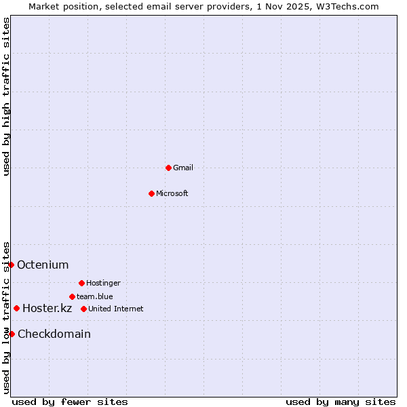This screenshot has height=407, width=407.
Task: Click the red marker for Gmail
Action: tap(168, 168)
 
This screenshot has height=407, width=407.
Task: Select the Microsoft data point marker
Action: tap(151, 193)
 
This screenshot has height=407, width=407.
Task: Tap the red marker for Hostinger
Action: tap(81, 283)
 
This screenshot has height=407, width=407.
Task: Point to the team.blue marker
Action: tap(72, 296)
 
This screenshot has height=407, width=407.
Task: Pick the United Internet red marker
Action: tap(83, 309)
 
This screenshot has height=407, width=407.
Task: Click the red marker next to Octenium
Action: tap(12, 265)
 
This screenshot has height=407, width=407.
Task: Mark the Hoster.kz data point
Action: tap(17, 308)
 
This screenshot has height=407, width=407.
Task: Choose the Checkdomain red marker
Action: tap(12, 334)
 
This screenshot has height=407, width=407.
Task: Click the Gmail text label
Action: tap(183, 168)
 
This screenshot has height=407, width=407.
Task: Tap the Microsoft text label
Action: tap(172, 193)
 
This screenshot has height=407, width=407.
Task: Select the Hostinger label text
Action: tap(103, 283)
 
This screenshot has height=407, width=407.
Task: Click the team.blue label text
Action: tap(95, 296)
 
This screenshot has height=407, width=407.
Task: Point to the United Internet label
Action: tap(116, 309)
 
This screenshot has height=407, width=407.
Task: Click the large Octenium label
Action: tap(43, 265)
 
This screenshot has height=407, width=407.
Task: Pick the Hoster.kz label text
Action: tap(47, 308)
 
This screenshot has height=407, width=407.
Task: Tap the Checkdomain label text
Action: tap(54, 334)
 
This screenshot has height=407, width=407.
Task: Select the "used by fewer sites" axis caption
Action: tap(70, 402)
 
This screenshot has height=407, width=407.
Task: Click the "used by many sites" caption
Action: tap(341, 402)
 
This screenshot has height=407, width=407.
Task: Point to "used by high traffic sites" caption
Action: tap(6, 96)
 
